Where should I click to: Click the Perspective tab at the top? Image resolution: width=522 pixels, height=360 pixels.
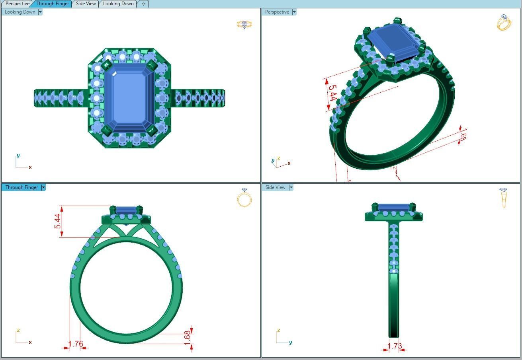(x=18, y=4)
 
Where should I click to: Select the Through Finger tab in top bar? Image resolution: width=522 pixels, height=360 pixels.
(x=53, y=4)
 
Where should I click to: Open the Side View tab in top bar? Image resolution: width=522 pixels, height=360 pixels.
(x=86, y=4)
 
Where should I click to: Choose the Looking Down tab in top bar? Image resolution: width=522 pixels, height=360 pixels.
(x=118, y=4)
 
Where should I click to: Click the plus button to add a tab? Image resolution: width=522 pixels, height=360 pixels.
(x=143, y=4)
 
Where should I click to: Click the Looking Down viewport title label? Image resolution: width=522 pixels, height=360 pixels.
(x=20, y=12)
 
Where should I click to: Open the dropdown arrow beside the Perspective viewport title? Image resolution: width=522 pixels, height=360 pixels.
(x=294, y=12)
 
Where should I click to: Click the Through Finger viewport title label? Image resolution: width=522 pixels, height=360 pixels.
(x=22, y=187)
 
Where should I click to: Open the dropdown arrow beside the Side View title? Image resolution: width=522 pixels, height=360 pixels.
(x=291, y=187)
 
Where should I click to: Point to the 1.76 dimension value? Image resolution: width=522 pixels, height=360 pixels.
(x=76, y=344)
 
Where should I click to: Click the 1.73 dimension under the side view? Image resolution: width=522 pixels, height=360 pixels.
(x=395, y=346)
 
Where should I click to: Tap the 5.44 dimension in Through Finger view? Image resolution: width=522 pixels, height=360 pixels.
(x=58, y=221)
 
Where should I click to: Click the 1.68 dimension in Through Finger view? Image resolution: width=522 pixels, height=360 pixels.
(x=187, y=335)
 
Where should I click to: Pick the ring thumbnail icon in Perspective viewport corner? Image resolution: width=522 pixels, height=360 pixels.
(x=504, y=22)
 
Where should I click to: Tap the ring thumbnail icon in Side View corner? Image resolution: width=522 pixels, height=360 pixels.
(x=504, y=197)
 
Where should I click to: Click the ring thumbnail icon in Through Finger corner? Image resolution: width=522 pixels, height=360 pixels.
(x=244, y=197)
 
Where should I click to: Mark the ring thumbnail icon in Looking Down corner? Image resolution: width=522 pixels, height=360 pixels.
(x=244, y=25)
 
